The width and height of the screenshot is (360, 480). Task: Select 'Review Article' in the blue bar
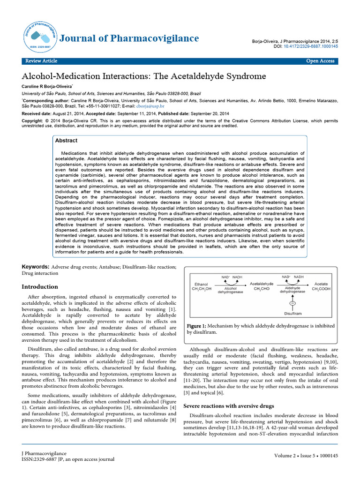tap(41, 61)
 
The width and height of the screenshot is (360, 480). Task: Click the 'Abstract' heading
tap(67, 140)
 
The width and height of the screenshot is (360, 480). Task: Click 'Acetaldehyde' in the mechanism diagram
tap(262, 284)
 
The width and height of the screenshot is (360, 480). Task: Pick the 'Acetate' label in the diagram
tap(321, 284)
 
